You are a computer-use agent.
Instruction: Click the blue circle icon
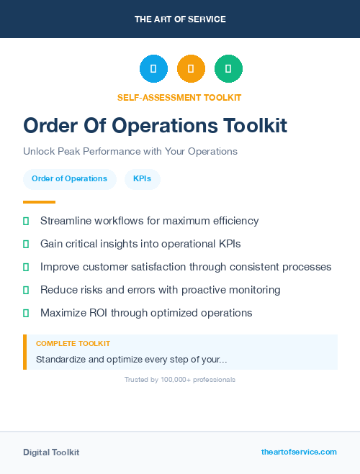[x=153, y=69]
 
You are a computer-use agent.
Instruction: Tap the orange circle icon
[x=191, y=69]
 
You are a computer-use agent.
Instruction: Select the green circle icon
[x=228, y=69]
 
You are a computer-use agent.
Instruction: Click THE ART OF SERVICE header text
[x=180, y=19]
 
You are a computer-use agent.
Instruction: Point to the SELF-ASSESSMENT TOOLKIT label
[x=179, y=97]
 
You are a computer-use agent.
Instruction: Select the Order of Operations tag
[x=69, y=179]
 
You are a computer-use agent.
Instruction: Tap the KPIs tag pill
[x=142, y=179]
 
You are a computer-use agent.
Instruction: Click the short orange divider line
[x=39, y=202]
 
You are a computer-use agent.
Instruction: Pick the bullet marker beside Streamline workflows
[x=26, y=221]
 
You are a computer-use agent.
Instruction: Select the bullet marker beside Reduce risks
[x=26, y=290]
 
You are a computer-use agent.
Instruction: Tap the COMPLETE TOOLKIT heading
[x=73, y=344]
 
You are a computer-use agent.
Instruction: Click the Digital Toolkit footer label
[x=51, y=452]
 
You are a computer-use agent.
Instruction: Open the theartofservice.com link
[x=299, y=452]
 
